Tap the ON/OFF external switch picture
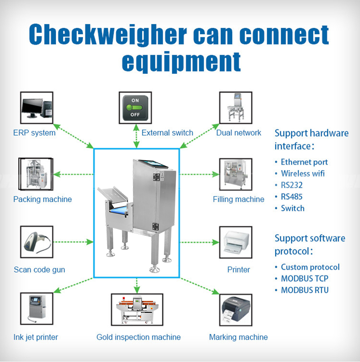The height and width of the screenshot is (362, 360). pyautogui.click(x=135, y=108)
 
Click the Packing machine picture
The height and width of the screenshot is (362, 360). pyautogui.click(x=36, y=174)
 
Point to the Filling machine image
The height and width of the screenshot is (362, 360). pyautogui.click(x=236, y=174)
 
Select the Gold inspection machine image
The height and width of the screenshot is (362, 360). pyautogui.click(x=137, y=309)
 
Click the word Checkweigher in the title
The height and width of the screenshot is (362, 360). pyautogui.click(x=108, y=35)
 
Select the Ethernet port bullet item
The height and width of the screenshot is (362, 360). pyautogui.click(x=304, y=162)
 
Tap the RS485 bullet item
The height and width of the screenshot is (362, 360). pyautogui.click(x=292, y=197)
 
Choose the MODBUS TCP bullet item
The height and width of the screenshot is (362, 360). pyautogui.click(x=304, y=279)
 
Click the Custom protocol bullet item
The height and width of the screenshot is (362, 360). pyautogui.click(x=310, y=267)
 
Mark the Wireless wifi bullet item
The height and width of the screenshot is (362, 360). pyautogui.click(x=303, y=173)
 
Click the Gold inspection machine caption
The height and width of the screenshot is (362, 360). pyautogui.click(x=139, y=337)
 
